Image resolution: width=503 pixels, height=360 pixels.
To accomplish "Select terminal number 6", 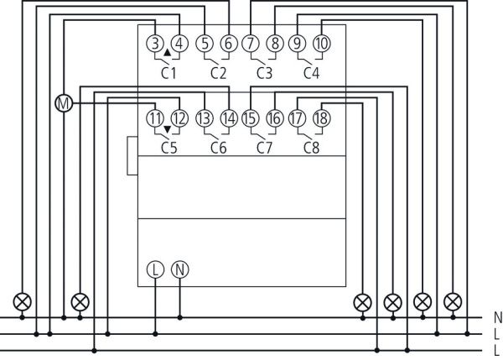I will pos(228,44).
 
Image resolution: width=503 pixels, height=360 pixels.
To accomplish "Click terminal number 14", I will pos(228,118).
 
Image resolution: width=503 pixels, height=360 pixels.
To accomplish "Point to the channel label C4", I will pos(311,73).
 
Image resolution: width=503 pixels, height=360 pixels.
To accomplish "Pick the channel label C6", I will pos(218,148).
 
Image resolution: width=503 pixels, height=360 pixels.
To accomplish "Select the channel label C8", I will pos(311,148).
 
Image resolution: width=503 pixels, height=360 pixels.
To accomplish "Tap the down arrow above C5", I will pos(168,128).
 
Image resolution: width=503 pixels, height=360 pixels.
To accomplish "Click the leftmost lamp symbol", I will pos(22,300).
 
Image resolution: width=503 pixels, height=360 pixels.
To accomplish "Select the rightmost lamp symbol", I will pos(453,300).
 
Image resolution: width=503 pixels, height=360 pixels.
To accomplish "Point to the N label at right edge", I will pos(498,318).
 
